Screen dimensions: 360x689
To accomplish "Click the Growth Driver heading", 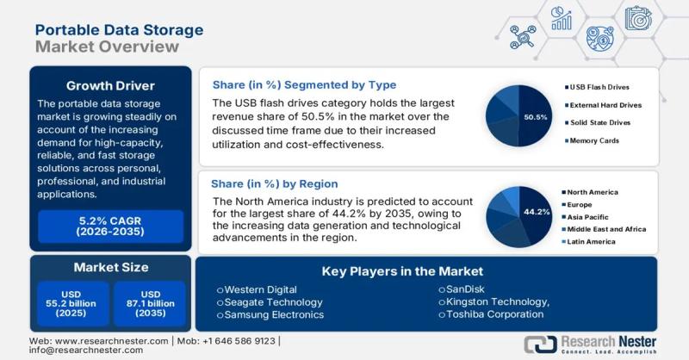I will (110, 86).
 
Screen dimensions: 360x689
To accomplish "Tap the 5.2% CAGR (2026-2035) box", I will (110, 226).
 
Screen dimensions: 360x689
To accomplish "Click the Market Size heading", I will (110, 268).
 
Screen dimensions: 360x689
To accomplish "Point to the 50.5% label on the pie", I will (537, 116).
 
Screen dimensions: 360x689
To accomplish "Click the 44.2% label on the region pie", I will (537, 211).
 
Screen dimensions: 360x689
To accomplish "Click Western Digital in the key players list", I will (260, 290).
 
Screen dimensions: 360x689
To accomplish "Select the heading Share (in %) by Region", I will (275, 183).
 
